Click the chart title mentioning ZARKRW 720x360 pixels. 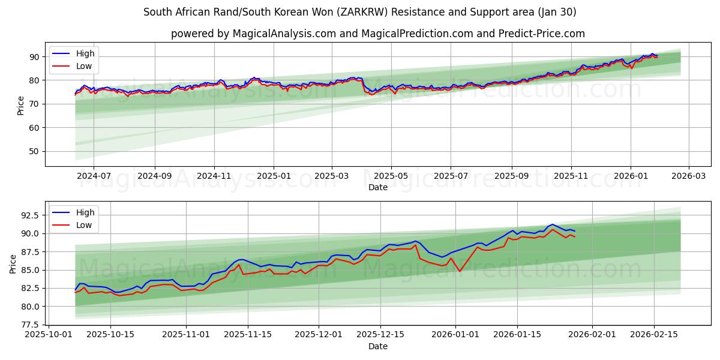[x=360, y=12]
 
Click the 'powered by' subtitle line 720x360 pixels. [x=378, y=34]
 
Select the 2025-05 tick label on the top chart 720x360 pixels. [x=391, y=176]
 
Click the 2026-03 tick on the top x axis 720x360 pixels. [x=688, y=176]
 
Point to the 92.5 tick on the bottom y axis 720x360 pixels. [x=30, y=215]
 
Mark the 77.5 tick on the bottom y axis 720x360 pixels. [x=30, y=325]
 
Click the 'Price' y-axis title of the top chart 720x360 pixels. [x=21, y=105]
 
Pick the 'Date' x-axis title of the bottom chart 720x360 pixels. [x=378, y=346]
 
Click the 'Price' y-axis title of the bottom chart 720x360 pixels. [x=13, y=264]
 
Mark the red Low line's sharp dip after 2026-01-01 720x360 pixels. [x=460, y=271]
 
